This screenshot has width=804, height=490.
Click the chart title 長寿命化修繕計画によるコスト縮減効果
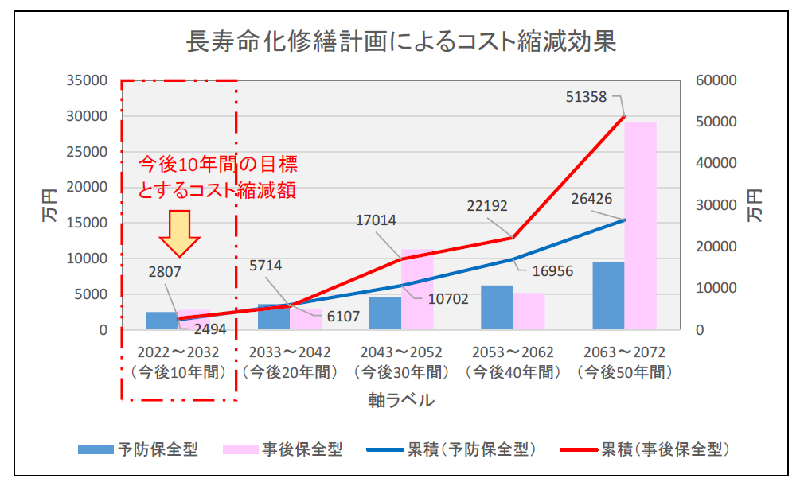401,41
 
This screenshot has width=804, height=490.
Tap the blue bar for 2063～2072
608,295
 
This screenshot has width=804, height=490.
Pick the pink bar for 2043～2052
417,290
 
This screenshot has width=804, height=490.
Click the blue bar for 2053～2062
497,307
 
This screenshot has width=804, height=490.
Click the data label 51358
586,97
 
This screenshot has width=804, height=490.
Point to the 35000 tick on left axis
88,80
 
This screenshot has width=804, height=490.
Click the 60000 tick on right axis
716,80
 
